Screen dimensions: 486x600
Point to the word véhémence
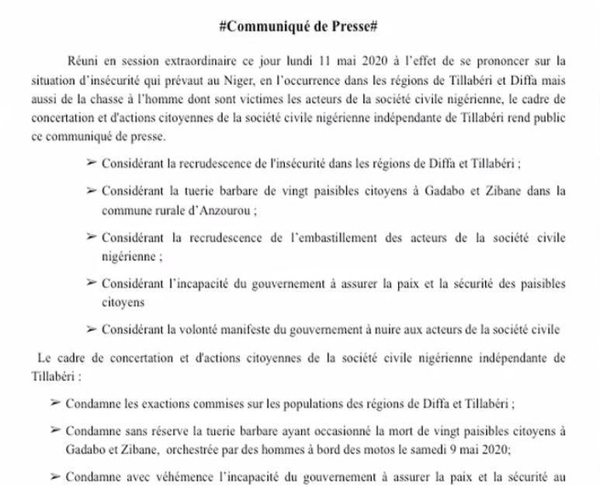179,476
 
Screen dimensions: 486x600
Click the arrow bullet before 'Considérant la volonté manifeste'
92,330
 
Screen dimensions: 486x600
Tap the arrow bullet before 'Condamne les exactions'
54,404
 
